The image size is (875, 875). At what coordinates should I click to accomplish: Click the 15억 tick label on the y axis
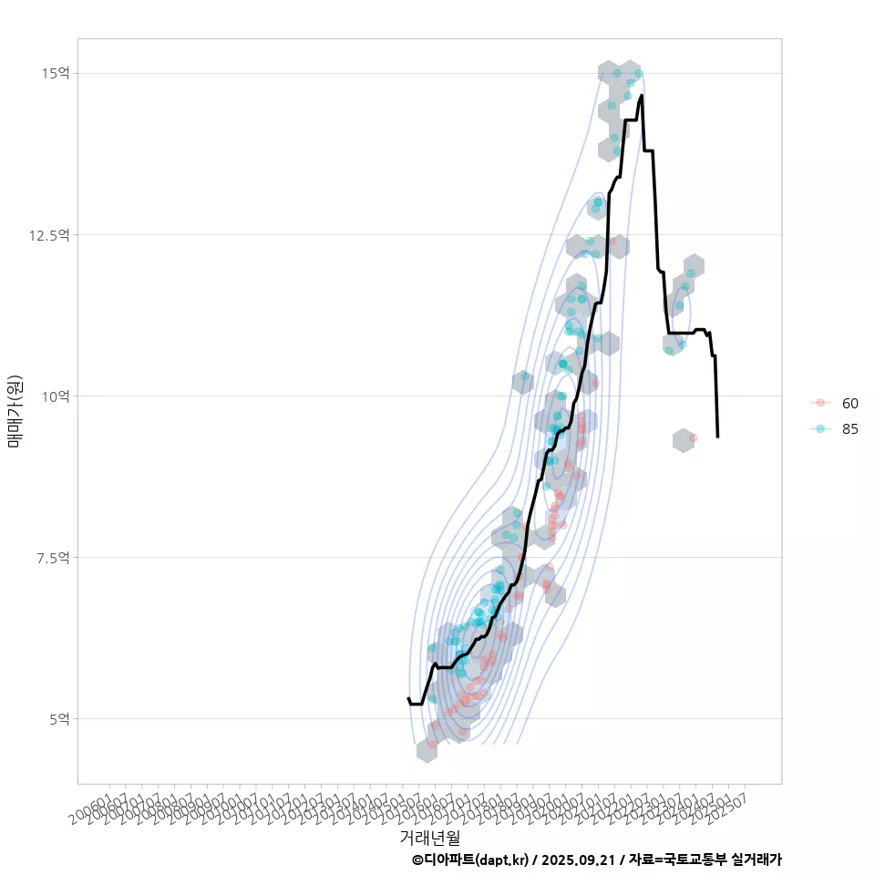pyautogui.click(x=54, y=73)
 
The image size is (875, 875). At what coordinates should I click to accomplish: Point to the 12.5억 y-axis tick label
pyautogui.click(x=48, y=234)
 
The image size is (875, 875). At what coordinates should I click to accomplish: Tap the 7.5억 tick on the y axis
pyautogui.click(x=51, y=557)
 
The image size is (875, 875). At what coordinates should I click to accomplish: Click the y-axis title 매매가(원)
pyautogui.click(x=15, y=410)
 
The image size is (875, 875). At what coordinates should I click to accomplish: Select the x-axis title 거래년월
pyautogui.click(x=429, y=837)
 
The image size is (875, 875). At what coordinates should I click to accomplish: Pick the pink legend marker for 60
pyautogui.click(x=820, y=403)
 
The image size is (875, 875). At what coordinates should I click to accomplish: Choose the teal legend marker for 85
pyautogui.click(x=820, y=429)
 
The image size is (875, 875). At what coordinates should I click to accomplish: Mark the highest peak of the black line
pyautogui.click(x=642, y=96)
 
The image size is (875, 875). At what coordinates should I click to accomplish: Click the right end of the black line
pyautogui.click(x=718, y=437)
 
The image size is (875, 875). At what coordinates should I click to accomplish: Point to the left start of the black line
pyautogui.click(x=407, y=698)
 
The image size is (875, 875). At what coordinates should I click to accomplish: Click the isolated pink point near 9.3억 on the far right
pyautogui.click(x=694, y=437)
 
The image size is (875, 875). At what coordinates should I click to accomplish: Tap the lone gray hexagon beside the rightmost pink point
pyautogui.click(x=683, y=440)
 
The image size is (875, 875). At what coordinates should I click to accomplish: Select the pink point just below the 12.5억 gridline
pyautogui.click(x=612, y=242)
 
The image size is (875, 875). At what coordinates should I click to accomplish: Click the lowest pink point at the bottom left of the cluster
pyautogui.click(x=432, y=744)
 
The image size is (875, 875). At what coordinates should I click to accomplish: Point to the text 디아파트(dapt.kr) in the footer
pyautogui.click(x=474, y=860)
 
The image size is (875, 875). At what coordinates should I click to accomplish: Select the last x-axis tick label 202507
pyautogui.click(x=736, y=802)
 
